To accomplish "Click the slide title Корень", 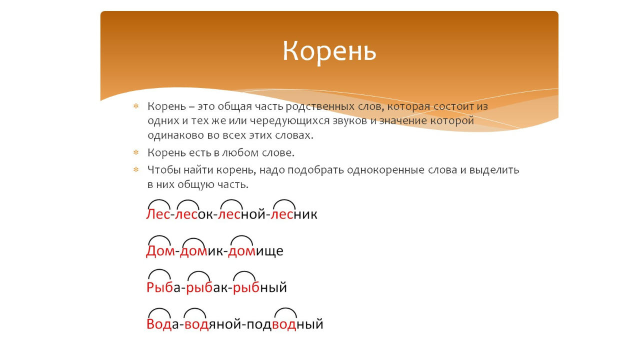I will pos(329,51).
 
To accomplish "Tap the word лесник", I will pos(295,214).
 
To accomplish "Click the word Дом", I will pos(160,250).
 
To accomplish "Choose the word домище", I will pos(255,250).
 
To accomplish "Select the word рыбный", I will pos(260,287).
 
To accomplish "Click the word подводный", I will pos(285,324).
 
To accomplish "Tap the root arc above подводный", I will pos(286,312).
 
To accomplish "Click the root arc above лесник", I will pos(284,203).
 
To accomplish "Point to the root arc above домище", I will pos(241,240).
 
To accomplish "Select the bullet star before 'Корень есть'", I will pos(135,151).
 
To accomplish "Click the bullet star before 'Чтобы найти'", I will pos(135,170).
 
